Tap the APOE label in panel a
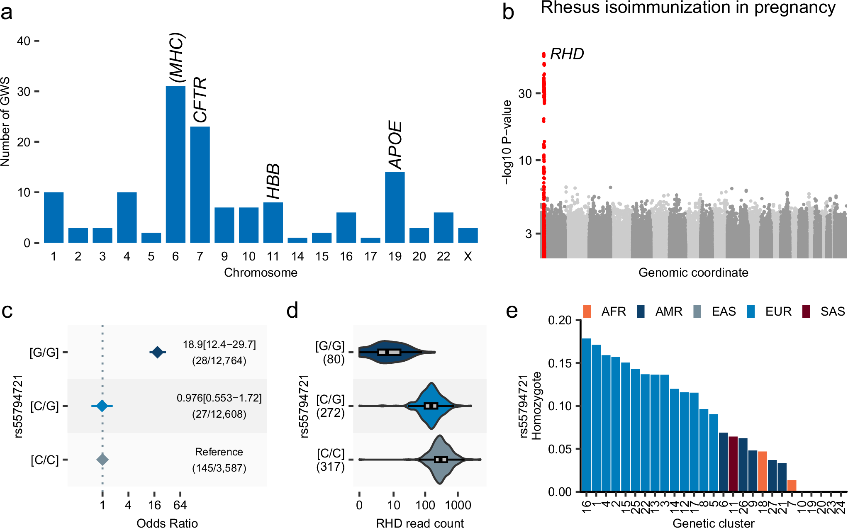point(395,145)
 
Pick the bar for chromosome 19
point(395,207)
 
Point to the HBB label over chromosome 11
point(273,181)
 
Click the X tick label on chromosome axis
point(468,257)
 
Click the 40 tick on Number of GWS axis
point(24,41)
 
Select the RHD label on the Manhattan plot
point(567,54)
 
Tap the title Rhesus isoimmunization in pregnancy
point(688,8)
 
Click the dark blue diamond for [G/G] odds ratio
point(157,353)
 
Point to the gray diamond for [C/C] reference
point(102,460)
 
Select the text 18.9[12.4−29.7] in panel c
point(219,345)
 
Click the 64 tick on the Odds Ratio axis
point(180,505)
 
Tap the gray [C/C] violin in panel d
point(440,460)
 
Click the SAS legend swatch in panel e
point(806,311)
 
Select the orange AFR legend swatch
point(587,311)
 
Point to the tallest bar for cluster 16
point(586,415)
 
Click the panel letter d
point(292,311)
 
